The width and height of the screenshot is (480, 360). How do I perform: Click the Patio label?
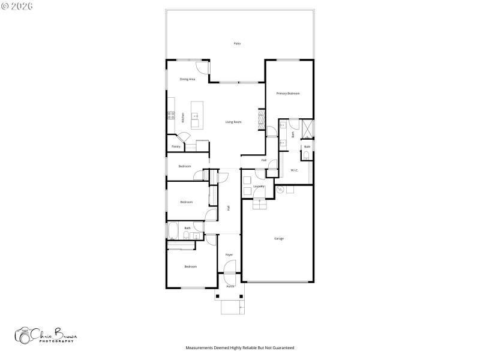[x=237, y=44]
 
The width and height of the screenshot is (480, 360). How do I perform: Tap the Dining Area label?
[x=188, y=79]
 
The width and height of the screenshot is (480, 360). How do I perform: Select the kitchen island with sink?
[x=196, y=115]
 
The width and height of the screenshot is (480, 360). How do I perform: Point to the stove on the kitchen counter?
[x=171, y=115]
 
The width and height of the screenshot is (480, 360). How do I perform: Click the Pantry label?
[x=176, y=146]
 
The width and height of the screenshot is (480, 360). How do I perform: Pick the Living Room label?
[x=233, y=122]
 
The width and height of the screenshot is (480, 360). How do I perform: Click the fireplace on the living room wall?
[x=261, y=118]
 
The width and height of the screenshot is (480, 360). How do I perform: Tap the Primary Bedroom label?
[x=288, y=94]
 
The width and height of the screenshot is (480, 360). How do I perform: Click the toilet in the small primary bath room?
[x=307, y=155]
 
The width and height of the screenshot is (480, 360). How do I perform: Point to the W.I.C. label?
[x=295, y=170]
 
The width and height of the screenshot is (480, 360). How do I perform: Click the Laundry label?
[x=259, y=187]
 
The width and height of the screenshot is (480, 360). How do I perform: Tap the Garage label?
[x=279, y=239]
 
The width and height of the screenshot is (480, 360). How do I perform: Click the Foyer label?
[x=229, y=255]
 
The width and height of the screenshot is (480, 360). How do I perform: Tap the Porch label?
[x=230, y=287]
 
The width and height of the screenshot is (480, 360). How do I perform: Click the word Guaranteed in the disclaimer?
[x=283, y=347]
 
